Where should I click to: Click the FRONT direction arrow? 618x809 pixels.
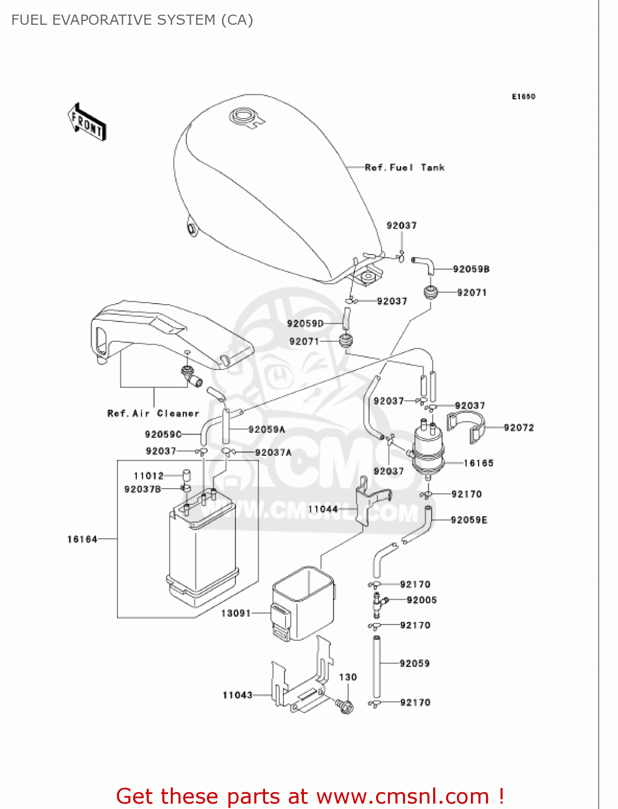(87, 122)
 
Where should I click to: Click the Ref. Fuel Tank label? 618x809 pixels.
(404, 168)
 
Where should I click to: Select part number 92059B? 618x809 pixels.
(471, 269)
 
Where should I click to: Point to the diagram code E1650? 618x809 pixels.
(523, 97)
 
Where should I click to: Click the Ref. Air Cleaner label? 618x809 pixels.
(153, 414)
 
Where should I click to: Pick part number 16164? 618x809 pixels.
(82, 539)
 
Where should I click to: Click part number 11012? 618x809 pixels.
(148, 476)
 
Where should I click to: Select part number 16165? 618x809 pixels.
(478, 463)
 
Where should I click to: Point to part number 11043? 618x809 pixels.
(237, 695)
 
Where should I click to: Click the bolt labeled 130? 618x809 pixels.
(345, 705)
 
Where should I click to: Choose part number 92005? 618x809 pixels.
(421, 600)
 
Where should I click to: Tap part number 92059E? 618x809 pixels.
(469, 520)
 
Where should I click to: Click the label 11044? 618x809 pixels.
(323, 509)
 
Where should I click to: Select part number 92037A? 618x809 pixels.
(273, 453)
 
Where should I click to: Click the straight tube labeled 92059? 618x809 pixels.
(376, 667)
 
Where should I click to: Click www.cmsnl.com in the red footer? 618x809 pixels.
(402, 796)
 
